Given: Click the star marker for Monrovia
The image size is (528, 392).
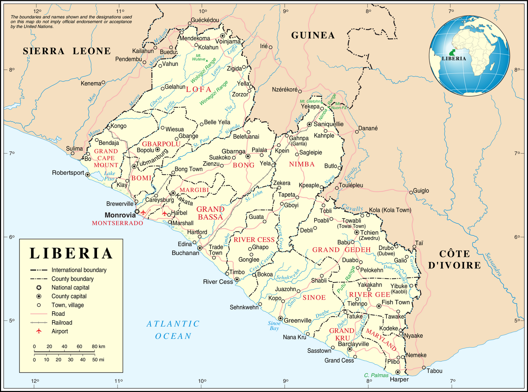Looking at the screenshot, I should tap(137, 211).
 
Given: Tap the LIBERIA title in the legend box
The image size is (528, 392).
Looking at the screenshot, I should tap(71, 254).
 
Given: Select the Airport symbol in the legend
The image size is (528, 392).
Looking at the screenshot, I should tap(39, 331).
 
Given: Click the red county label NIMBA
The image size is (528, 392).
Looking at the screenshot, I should tap(302, 164).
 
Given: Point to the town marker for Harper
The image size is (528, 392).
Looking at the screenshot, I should tap(398, 372).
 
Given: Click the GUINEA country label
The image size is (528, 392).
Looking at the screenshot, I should tap(313, 35).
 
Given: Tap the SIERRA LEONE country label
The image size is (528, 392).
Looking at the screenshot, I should tap(67, 51).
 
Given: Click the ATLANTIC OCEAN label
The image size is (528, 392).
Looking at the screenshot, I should tap(173, 330).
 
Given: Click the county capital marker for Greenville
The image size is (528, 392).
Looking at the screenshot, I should tap(280, 318).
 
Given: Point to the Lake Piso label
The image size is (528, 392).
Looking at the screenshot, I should tap(109, 176).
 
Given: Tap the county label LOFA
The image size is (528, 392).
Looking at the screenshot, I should tap(199, 89).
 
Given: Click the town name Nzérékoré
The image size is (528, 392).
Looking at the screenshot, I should tap(284, 89).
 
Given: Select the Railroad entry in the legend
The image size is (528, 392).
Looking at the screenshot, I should tap(61, 322).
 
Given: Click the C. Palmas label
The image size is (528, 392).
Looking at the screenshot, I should tap(376, 375).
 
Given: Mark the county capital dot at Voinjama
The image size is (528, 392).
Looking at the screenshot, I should tap(222, 36).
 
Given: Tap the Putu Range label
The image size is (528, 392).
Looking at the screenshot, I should tap(346, 280).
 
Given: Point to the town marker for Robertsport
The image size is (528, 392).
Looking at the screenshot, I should tap(88, 174).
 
